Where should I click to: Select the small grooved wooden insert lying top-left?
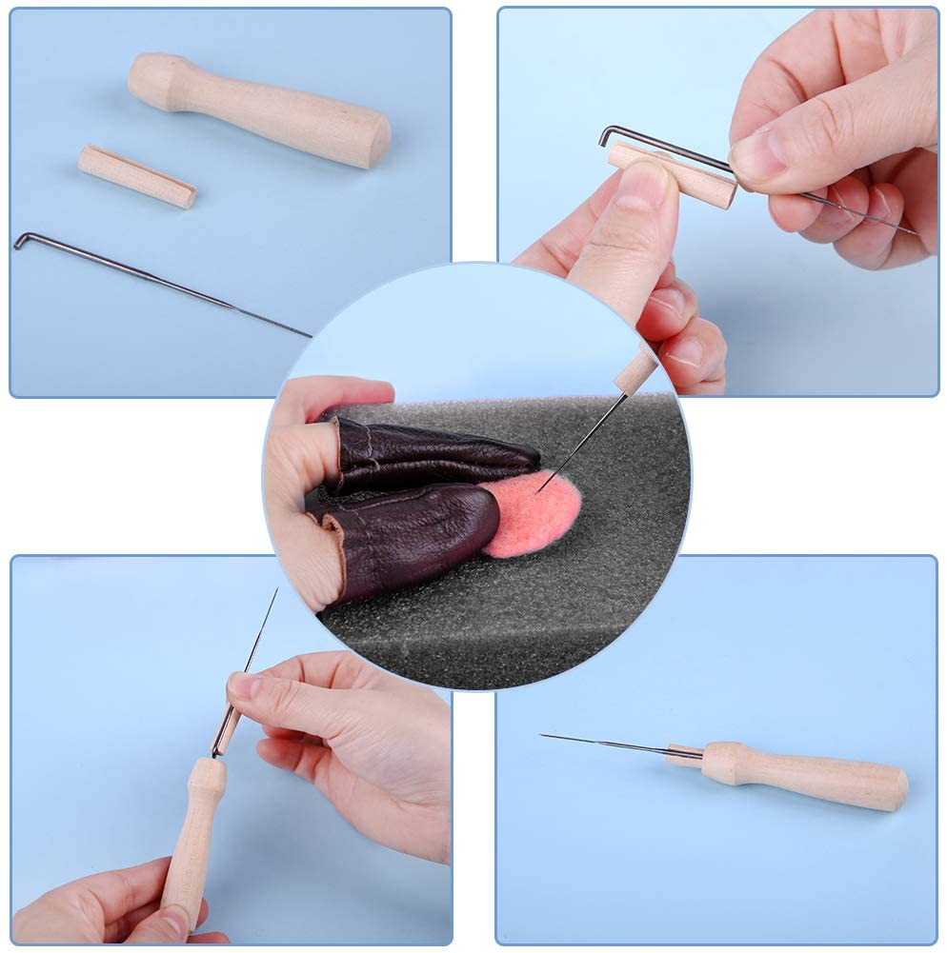tap(137, 176)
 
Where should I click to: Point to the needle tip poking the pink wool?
tap(539, 490)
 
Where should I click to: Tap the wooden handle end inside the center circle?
tap(635, 372)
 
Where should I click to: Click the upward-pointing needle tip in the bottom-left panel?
tap(276, 590)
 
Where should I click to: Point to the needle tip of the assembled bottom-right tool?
tap(543, 735)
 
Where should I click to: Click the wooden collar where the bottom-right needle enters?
tap(684, 756)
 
